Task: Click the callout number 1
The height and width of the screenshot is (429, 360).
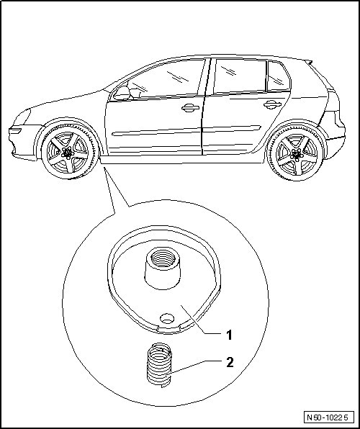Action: (229, 335)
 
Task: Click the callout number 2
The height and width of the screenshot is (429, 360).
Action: (230, 363)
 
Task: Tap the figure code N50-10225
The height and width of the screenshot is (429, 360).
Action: (327, 417)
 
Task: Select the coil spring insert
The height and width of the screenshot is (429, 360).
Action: (160, 365)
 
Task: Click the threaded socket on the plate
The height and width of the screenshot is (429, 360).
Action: (162, 270)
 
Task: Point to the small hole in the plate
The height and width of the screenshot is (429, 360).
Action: (167, 318)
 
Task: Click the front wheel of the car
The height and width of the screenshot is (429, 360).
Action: (70, 151)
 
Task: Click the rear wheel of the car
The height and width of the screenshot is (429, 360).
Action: (295, 153)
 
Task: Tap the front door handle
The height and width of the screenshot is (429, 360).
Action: (190, 108)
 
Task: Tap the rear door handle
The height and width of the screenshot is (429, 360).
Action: (272, 104)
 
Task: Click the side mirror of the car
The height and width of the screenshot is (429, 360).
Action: (122, 94)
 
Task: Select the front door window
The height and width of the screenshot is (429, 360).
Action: (164, 79)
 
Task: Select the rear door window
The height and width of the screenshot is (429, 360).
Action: (240, 76)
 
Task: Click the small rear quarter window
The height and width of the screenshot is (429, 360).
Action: (278, 76)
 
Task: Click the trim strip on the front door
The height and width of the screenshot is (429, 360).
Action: (156, 132)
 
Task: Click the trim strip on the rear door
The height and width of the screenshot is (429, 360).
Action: (232, 128)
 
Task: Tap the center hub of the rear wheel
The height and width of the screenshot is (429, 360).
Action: (297, 155)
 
